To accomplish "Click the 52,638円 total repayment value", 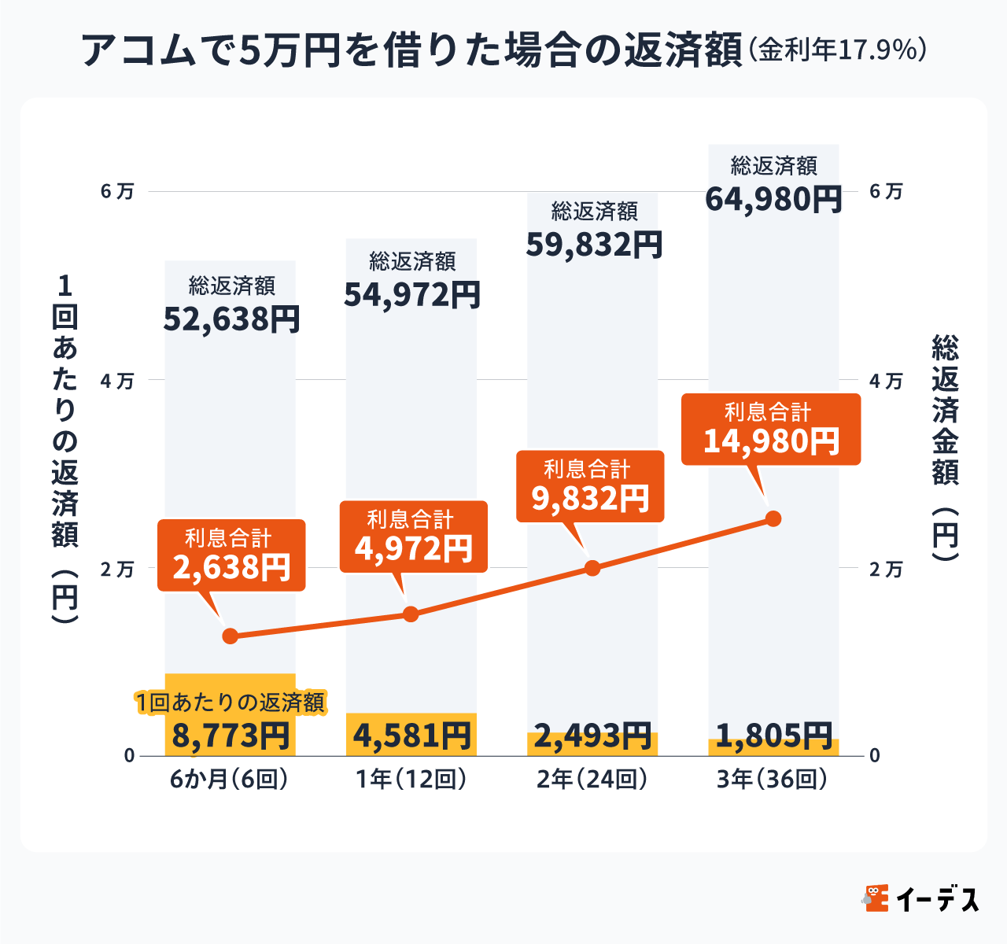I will [231, 319].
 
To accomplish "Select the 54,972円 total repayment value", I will [412, 295].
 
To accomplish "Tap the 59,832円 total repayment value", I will [594, 245].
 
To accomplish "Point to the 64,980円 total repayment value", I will [773, 199].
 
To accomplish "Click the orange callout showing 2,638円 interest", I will [231, 555].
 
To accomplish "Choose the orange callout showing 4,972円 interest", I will [413, 537].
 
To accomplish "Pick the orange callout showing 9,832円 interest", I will [590, 487].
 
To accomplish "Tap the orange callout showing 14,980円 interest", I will [771, 430].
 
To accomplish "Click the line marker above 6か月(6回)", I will [230, 636].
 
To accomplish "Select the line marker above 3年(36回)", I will [773, 518].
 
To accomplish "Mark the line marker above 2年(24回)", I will [593, 568].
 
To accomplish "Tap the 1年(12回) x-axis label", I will [411, 780].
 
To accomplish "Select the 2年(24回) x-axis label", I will [592, 780].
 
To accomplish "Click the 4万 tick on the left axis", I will [117, 381].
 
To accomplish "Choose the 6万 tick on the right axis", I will [886, 192].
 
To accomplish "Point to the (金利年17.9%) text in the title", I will [837, 50].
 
